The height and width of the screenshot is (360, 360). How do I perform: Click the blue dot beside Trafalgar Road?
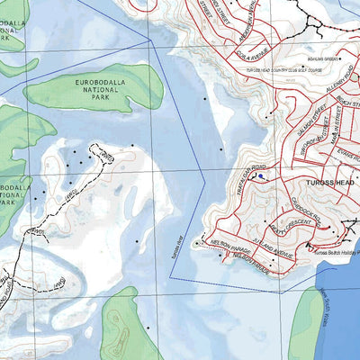(x=260, y=177)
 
